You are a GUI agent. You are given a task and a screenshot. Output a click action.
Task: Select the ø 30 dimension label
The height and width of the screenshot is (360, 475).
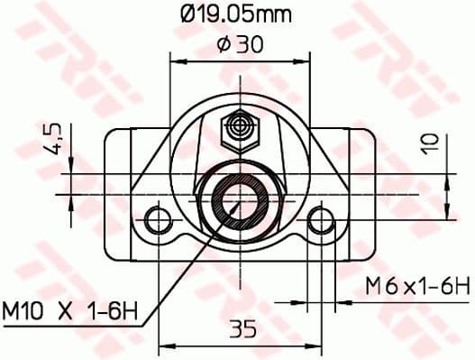(x=238, y=44)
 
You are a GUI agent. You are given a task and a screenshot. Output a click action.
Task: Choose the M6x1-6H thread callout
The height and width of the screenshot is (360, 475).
(x=417, y=287)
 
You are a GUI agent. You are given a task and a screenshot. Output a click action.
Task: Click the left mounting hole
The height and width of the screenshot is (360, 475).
(x=160, y=219)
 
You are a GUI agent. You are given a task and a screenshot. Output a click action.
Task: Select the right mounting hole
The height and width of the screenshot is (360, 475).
(x=319, y=219)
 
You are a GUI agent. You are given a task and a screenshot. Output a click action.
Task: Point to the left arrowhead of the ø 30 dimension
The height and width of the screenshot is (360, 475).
(x=175, y=61)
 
